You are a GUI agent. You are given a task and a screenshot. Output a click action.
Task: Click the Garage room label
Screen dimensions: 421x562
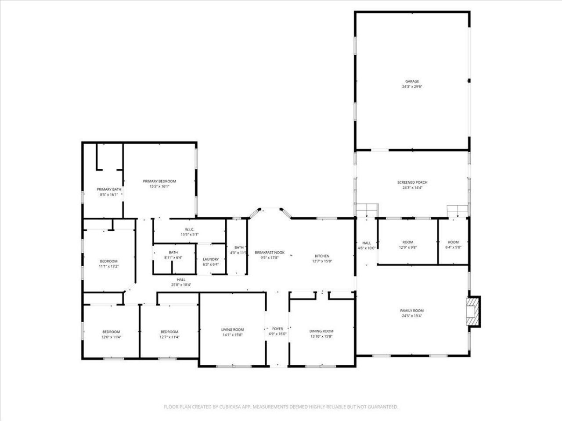tap(412, 82)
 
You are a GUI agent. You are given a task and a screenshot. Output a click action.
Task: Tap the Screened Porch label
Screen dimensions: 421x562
tap(412, 182)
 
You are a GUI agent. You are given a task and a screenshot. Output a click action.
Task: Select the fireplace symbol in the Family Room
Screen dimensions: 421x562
tap(473, 311)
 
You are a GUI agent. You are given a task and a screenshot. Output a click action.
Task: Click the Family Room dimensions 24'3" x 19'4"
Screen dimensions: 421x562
tap(412, 316)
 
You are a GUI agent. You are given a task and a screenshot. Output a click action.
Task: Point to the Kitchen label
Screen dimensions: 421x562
tap(322, 256)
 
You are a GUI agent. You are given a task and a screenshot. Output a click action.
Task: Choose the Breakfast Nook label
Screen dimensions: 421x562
tap(270, 253)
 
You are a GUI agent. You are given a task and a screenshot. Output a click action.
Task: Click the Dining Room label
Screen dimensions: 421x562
tap(321, 331)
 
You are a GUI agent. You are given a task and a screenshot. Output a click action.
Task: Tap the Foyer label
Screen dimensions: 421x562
tap(277, 328)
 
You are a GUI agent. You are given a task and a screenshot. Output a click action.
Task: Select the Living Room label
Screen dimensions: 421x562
tap(232, 330)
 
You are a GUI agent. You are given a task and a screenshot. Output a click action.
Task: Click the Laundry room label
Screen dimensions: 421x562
tap(211, 259)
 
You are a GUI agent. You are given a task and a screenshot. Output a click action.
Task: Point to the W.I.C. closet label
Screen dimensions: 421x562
tap(190, 229)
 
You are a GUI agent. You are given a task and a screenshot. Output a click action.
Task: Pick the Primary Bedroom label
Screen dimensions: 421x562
tap(159, 181)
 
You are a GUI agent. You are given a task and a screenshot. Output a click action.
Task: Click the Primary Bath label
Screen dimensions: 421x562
tap(109, 189)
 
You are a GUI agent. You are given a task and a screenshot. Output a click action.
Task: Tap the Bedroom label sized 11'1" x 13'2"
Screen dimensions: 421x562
tap(108, 261)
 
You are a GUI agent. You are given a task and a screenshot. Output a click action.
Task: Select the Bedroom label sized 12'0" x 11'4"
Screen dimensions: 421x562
tap(111, 332)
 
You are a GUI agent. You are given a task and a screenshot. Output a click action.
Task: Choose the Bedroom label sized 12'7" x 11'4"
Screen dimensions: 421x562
tap(169, 332)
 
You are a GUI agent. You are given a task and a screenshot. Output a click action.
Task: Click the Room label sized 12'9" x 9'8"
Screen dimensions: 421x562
tap(407, 242)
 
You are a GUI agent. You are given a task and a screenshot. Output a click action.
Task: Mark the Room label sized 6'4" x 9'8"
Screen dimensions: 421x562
tap(453, 242)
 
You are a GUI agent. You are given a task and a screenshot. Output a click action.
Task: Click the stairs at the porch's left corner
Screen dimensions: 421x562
tap(367, 210)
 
